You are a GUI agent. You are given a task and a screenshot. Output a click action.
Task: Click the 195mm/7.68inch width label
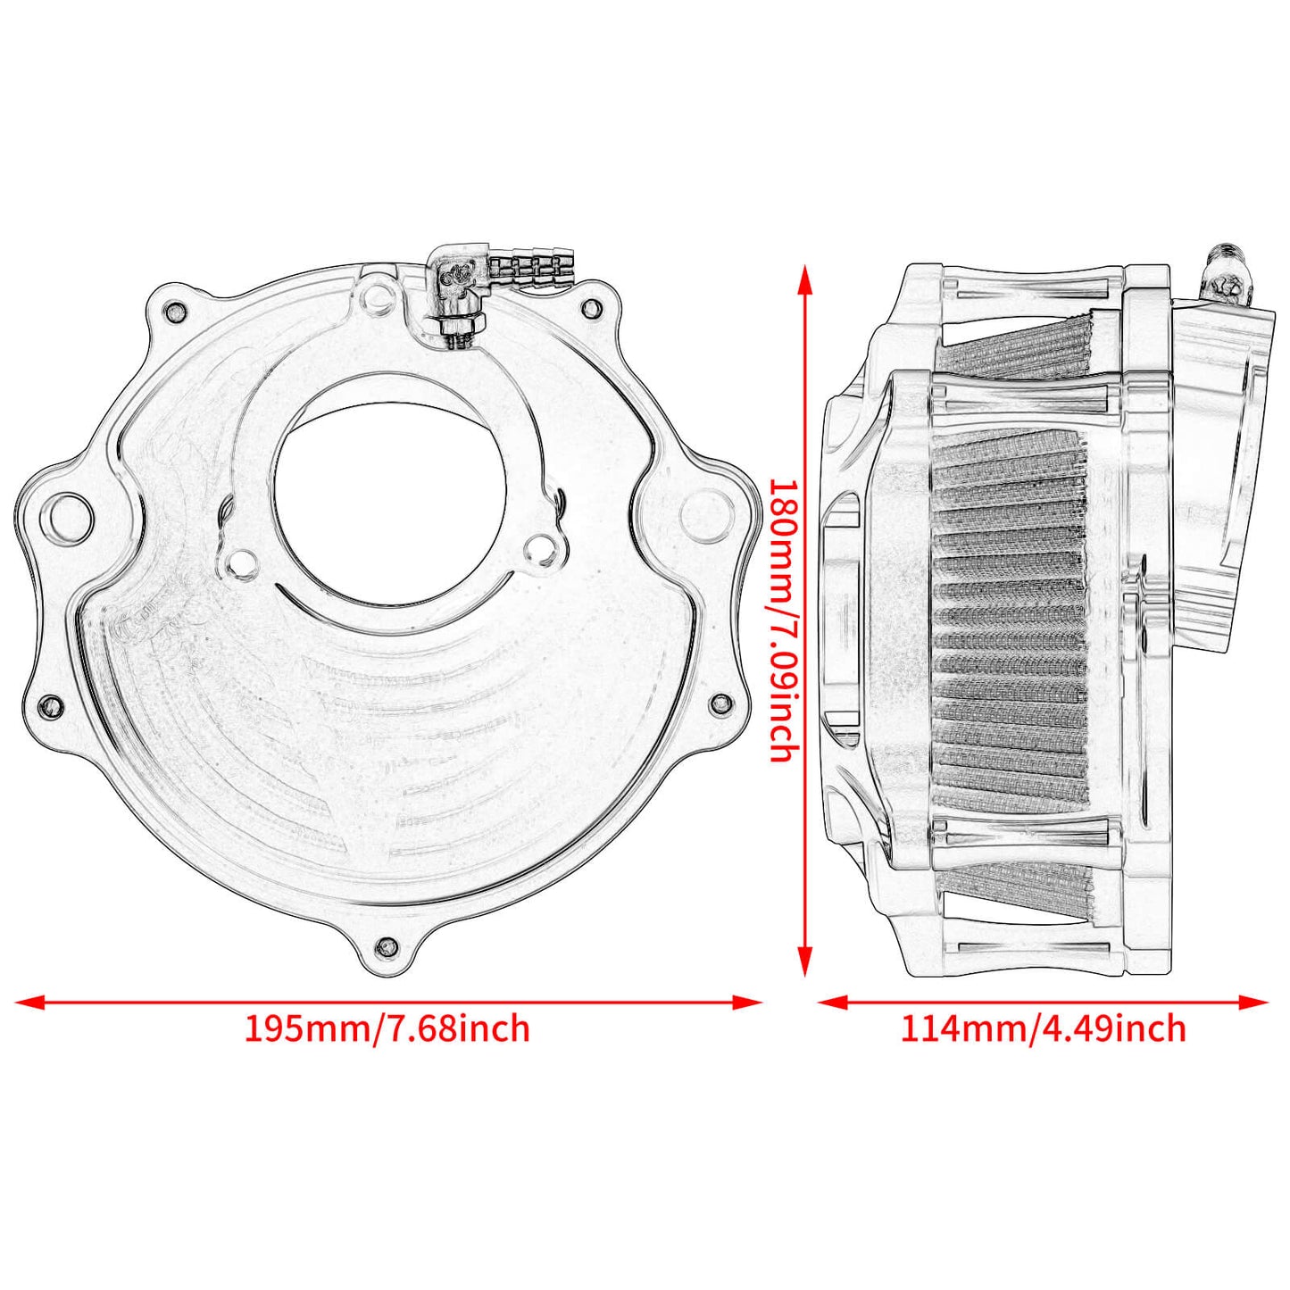(387, 1028)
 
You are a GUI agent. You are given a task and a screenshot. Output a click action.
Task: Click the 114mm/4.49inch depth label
(1043, 1028)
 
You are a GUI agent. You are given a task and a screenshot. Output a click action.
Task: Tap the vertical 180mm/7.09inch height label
(783, 620)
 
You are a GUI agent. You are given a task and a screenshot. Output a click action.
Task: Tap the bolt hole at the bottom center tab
(387, 946)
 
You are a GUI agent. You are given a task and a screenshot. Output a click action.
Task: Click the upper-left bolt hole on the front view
(176, 312)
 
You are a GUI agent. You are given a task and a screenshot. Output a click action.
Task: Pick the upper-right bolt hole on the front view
(590, 309)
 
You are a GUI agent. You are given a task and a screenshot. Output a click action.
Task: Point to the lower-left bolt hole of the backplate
(52, 705)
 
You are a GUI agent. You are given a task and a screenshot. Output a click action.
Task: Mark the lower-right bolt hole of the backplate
(720, 703)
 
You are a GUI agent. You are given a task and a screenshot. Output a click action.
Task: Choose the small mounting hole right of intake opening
(541, 547)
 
